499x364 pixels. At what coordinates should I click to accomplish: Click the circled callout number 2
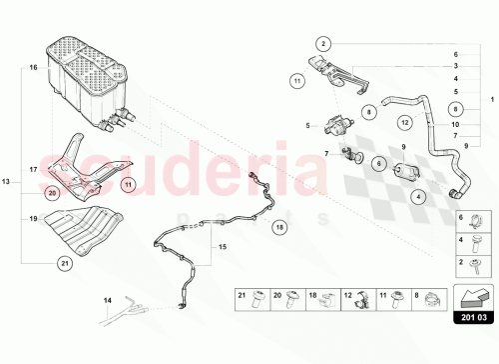[323, 44]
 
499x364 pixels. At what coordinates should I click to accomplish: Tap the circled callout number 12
[405, 123]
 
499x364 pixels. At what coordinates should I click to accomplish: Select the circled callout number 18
[279, 227]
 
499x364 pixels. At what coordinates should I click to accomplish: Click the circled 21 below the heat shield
[37, 263]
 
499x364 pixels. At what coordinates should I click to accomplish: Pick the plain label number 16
[33, 68]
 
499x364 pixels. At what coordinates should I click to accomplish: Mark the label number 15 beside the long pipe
[223, 247]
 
